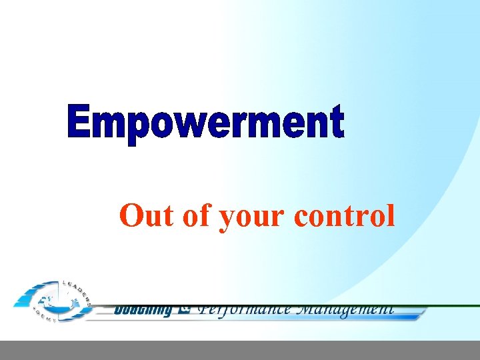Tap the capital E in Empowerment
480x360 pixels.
coord(80,121)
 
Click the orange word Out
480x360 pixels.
coord(143,215)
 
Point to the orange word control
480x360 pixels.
coord(343,215)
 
